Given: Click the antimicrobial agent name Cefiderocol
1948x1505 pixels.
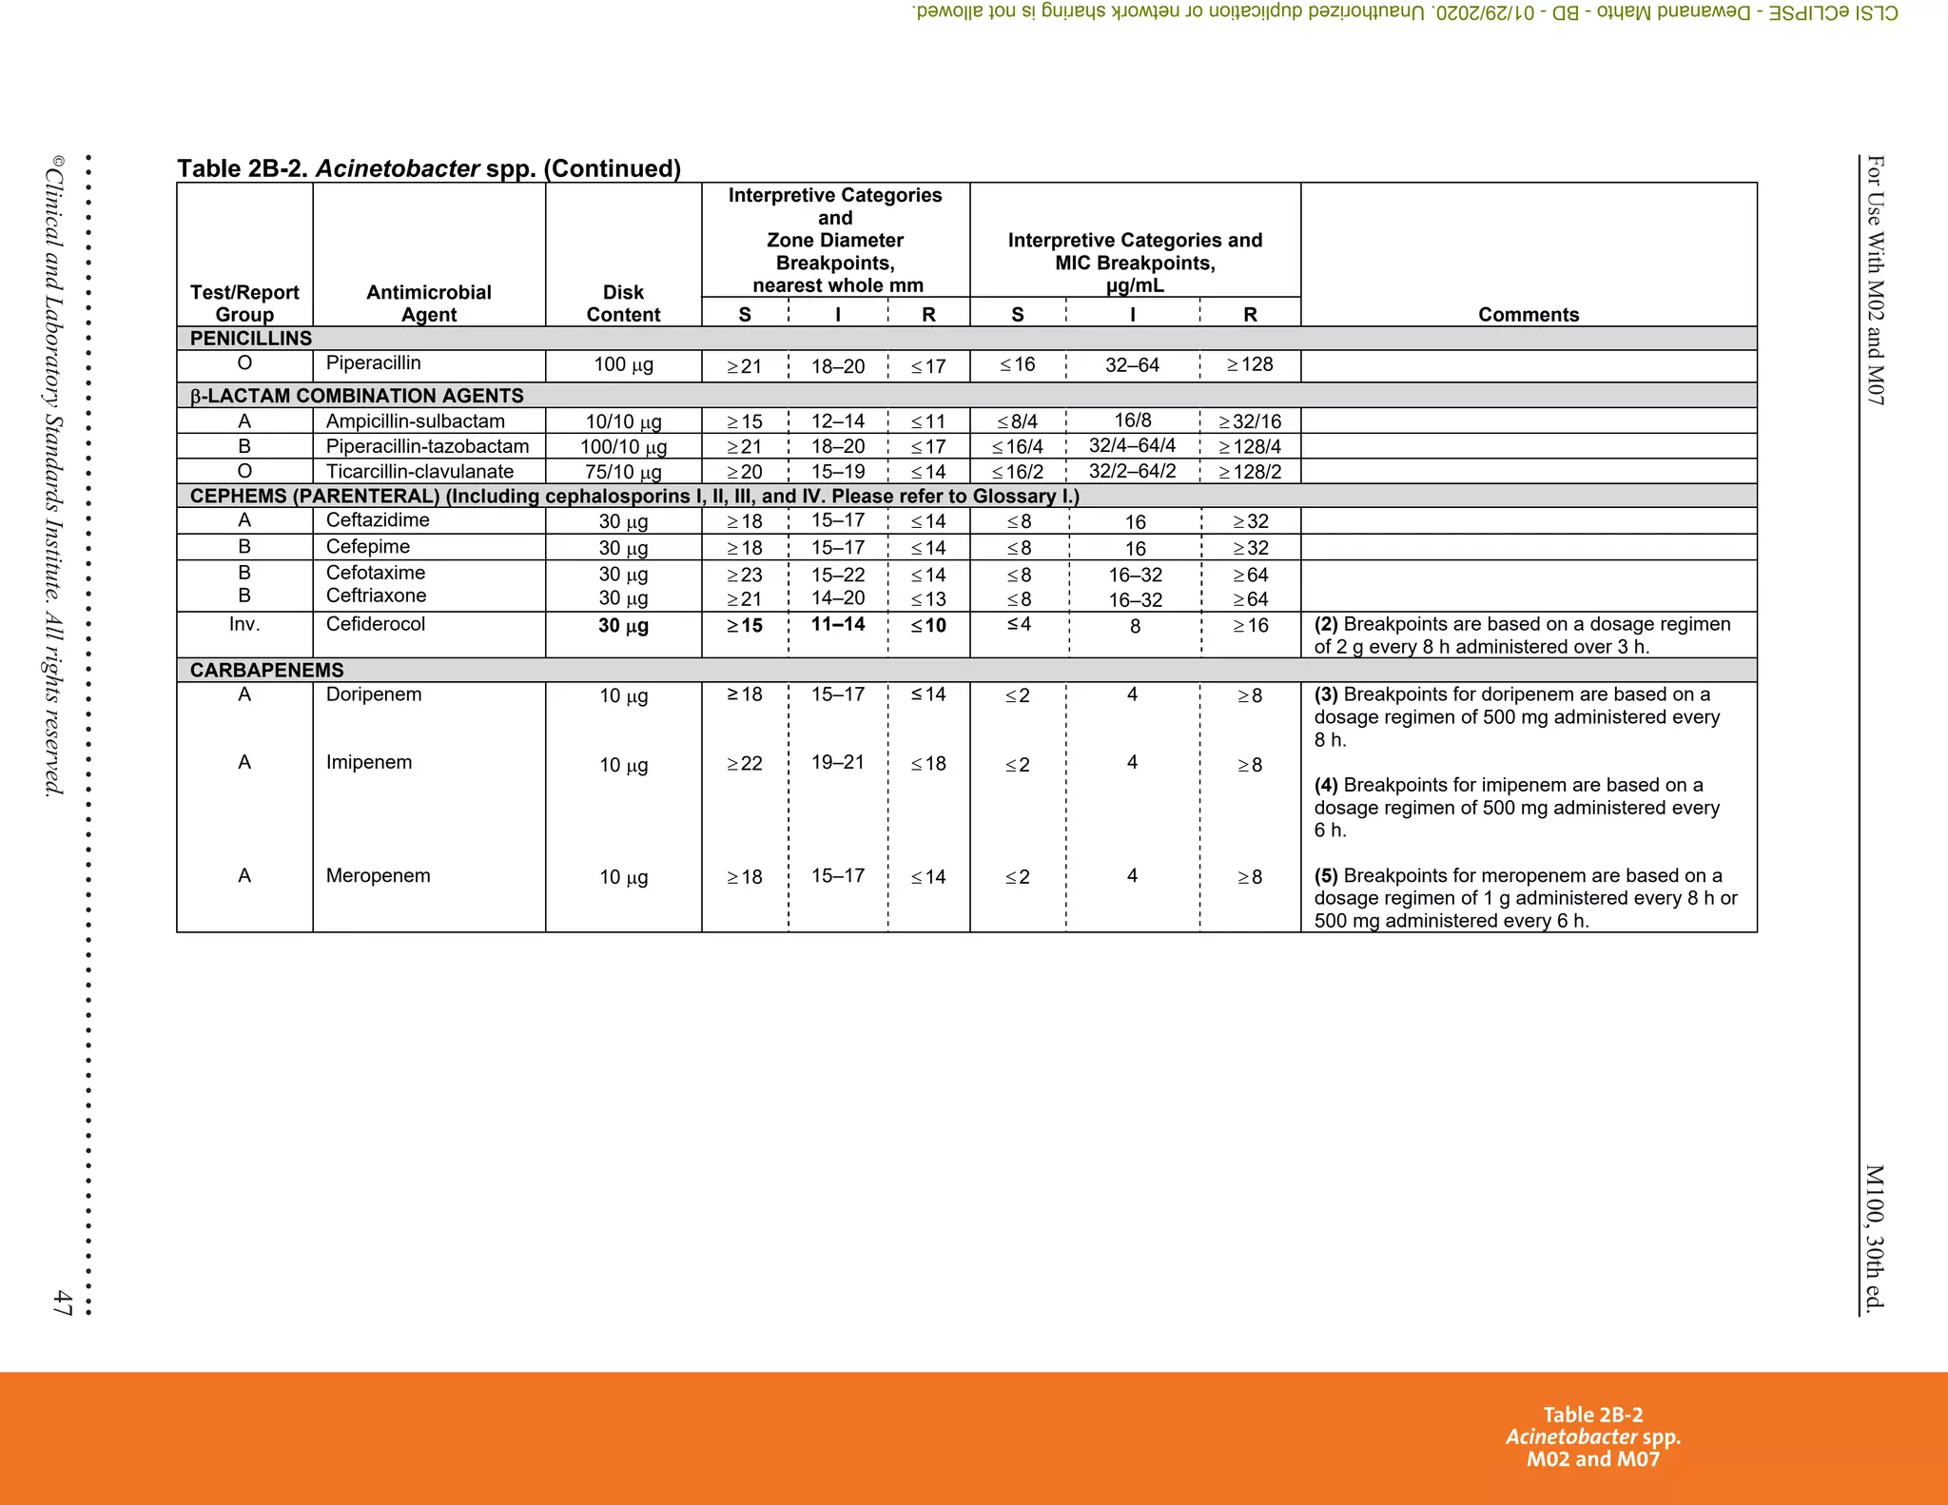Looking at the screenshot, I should click(x=375, y=624).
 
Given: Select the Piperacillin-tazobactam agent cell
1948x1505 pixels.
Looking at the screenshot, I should click(x=427, y=446).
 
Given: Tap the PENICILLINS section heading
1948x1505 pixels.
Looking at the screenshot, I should click(x=251, y=339).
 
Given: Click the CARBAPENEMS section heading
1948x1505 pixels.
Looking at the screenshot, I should click(x=266, y=670).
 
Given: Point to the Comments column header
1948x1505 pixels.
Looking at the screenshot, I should click(x=1528, y=315).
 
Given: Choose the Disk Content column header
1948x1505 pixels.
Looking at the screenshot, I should click(x=623, y=303).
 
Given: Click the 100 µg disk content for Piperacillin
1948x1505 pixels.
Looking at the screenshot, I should click(x=623, y=364).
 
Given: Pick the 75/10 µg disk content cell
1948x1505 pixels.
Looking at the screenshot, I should click(x=623, y=472).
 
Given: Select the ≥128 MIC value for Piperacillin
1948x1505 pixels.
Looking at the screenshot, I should click(x=1249, y=364).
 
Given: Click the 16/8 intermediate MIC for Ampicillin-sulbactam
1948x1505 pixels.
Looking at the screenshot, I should click(x=1132, y=420).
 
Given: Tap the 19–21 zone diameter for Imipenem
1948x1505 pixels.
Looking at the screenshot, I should click(x=837, y=762).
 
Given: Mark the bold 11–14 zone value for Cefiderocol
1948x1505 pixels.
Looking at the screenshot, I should click(x=837, y=624).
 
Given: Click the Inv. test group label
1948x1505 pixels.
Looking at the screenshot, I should click(x=244, y=624).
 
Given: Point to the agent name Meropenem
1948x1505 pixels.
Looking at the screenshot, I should click(x=378, y=875).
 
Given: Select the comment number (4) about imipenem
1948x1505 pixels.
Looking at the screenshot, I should click(x=1326, y=785).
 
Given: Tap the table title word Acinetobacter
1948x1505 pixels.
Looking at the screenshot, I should click(x=397, y=168).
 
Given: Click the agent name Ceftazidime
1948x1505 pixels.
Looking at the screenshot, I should click(x=378, y=520).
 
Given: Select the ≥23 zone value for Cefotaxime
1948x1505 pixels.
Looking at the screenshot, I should click(x=744, y=575).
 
